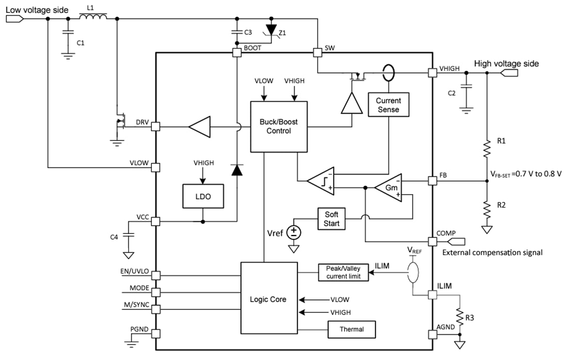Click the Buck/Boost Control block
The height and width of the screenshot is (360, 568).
pos(279,127)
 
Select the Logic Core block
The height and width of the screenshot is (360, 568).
pos(269,299)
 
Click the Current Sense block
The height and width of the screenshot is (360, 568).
pos(388,105)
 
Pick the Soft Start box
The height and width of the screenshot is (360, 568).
pos(332,218)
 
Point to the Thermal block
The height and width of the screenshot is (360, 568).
pos(352,329)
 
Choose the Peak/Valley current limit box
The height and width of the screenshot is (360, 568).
pos(343,272)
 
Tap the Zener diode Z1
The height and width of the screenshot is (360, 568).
pos(270,30)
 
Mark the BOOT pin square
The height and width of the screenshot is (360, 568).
pos(237,52)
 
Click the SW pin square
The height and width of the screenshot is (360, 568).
pos(317,52)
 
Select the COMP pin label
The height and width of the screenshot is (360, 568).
pos(446,233)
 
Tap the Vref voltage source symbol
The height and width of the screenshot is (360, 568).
pos(294,231)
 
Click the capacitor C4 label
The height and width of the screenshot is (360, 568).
pos(114,237)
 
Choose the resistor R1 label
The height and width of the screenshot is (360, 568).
pos(501,140)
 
